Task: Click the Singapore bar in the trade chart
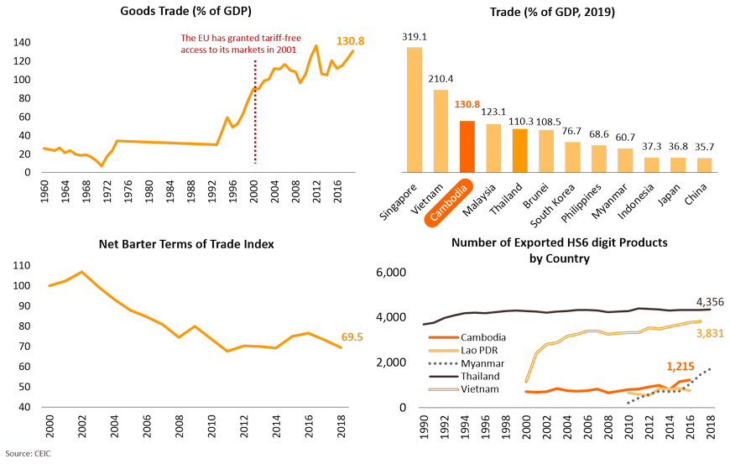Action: [415, 109]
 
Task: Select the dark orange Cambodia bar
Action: [467, 146]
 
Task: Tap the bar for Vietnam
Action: [441, 131]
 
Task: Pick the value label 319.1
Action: [415, 37]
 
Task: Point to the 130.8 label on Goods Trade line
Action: [350, 40]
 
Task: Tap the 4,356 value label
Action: [710, 301]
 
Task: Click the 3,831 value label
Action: [710, 334]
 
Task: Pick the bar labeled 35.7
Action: [704, 164]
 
